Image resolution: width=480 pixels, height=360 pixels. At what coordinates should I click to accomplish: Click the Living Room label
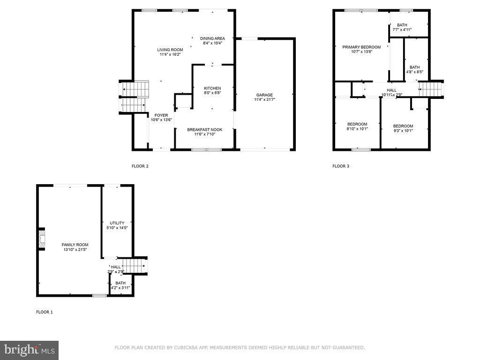[x=170, y=50]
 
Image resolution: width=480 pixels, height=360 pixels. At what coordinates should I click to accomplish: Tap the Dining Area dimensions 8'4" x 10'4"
[x=212, y=43]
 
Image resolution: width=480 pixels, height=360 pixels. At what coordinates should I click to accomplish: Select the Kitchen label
[x=212, y=88]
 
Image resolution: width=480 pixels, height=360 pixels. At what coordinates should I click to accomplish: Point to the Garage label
[x=264, y=95]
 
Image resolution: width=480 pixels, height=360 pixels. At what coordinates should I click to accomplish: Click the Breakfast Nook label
[x=205, y=129]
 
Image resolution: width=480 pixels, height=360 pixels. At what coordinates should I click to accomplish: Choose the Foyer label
[x=161, y=115]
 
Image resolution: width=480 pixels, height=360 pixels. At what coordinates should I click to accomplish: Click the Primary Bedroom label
[x=361, y=47]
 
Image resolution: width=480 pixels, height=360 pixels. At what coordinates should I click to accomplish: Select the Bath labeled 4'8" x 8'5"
[x=415, y=67]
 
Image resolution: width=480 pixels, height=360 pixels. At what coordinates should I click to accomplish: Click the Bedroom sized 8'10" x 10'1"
[x=357, y=124]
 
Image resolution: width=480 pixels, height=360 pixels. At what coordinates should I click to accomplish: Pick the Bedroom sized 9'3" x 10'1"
[x=403, y=126]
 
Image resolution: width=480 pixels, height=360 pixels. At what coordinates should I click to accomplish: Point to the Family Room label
[x=75, y=245]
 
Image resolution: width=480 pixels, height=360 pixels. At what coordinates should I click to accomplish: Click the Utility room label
[x=117, y=223]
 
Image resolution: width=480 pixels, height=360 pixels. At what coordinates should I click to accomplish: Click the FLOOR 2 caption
[x=140, y=166]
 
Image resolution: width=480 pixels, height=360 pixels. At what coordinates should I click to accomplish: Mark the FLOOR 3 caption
[x=341, y=166]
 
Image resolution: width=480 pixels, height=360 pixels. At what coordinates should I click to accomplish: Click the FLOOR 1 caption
[x=45, y=312]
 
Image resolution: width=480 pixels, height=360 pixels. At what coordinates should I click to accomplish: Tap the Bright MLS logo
[x=30, y=350]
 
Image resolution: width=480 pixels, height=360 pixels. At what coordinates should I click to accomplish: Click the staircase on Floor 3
[x=431, y=89]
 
